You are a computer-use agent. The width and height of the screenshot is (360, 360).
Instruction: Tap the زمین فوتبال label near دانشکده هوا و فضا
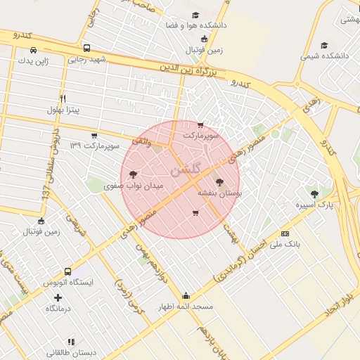click(x=204, y=50)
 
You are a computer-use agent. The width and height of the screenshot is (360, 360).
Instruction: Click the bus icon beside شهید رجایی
click(x=86, y=49)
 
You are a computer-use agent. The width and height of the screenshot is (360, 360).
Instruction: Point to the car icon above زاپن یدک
click(x=34, y=50)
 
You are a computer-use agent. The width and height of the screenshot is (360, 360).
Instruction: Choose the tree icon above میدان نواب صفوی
click(x=134, y=175)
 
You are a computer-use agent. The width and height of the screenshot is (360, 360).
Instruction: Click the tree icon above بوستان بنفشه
click(x=219, y=181)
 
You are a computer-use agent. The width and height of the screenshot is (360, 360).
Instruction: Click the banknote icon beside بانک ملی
click(x=285, y=233)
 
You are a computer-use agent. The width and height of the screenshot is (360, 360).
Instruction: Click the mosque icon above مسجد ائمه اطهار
click(x=186, y=295)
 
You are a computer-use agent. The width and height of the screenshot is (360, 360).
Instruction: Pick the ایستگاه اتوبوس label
click(x=68, y=282)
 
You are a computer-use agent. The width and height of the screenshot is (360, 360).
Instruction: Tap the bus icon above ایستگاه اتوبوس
click(x=67, y=271)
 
